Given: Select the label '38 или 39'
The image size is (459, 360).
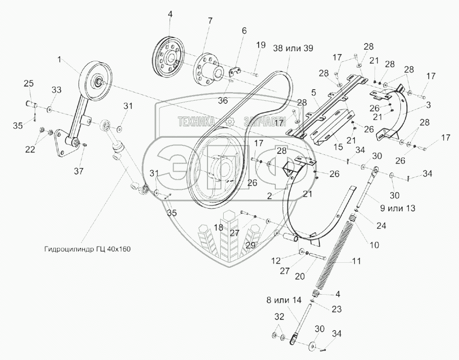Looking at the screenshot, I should point(293,48).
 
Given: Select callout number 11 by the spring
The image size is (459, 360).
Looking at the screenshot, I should point(356,261).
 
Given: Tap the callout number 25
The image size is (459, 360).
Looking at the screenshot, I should point(29,83).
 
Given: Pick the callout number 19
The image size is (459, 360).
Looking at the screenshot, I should point(260,45).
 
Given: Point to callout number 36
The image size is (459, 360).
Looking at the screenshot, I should point(223,100).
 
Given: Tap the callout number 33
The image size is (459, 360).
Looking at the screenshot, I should point(57,90).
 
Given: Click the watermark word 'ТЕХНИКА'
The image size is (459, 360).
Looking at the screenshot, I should point(195,121).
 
